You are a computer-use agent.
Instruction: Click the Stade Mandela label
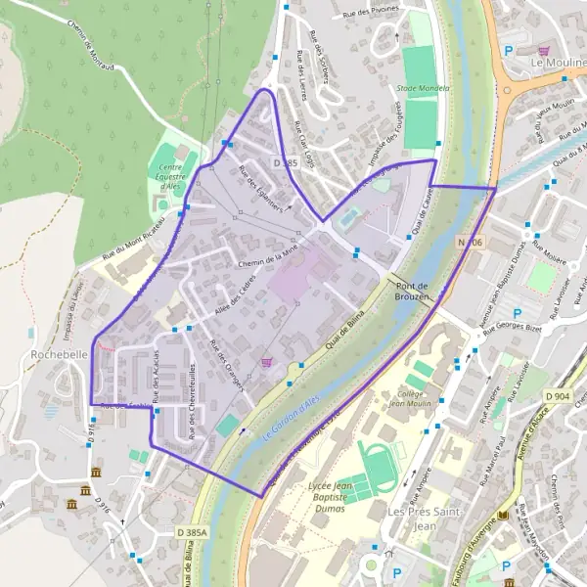click(423, 88)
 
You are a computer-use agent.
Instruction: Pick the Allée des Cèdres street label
click(234, 305)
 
